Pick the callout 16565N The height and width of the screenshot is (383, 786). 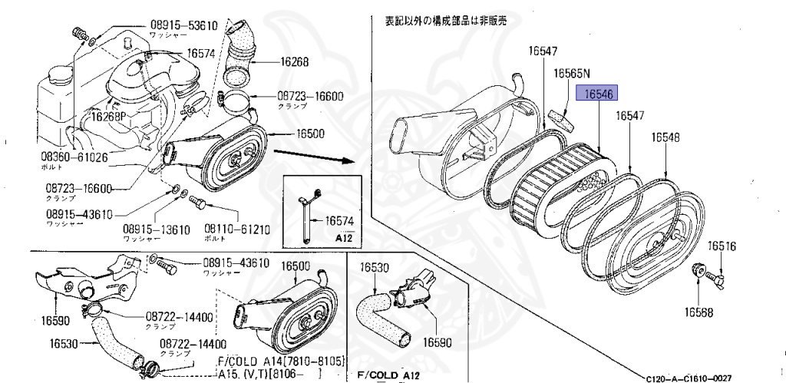click(x=572, y=73)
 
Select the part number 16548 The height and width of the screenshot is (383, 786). click(x=665, y=137)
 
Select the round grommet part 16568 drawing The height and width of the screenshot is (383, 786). click(x=699, y=270)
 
